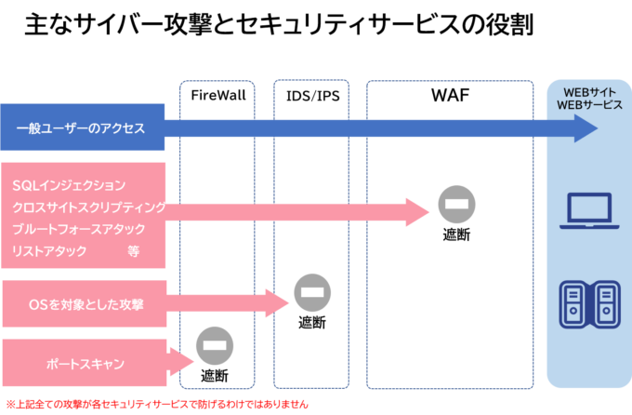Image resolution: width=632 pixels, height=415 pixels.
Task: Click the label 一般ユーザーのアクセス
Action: pyautogui.click(x=81, y=128)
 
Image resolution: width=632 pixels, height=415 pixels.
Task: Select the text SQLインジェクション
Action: pyautogui.click(x=69, y=186)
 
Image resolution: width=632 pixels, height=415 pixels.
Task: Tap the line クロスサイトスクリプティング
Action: pyautogui.click(x=89, y=207)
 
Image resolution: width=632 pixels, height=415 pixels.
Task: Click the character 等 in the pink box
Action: pyautogui.click(x=134, y=251)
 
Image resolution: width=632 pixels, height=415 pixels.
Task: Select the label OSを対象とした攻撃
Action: pyautogui.click(x=86, y=304)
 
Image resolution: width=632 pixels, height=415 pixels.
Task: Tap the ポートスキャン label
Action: pyautogui.click(x=85, y=364)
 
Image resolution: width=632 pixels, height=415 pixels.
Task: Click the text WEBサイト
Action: pyautogui.click(x=588, y=92)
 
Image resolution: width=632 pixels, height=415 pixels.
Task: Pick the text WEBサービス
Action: pyautogui.click(x=588, y=105)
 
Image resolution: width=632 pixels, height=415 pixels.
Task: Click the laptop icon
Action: pyautogui.click(x=588, y=212)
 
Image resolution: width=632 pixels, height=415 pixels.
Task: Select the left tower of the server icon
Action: pyautogui.click(x=573, y=304)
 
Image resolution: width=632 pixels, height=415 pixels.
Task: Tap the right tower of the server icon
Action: pyautogui.click(x=605, y=304)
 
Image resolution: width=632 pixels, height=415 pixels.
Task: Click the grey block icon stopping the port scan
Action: pyautogui.click(x=215, y=346)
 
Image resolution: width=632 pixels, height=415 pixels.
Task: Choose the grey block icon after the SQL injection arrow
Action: pyautogui.click(x=456, y=205)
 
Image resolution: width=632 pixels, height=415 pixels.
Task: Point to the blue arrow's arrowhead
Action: pyautogui.click(x=585, y=128)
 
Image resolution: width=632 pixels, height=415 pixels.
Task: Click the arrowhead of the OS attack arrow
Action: pyautogui.click(x=278, y=303)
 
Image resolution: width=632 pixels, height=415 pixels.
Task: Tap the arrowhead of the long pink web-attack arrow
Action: pyautogui.click(x=418, y=211)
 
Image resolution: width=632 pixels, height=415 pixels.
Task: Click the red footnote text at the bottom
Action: pyautogui.click(x=156, y=406)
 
